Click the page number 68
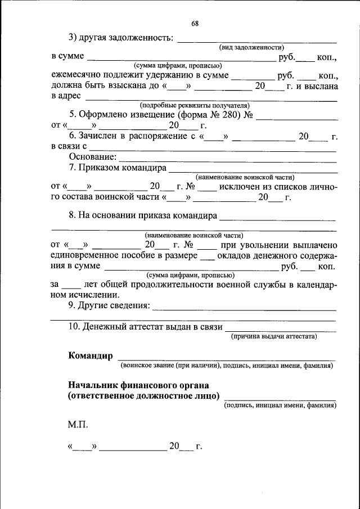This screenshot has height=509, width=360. pyautogui.click(x=195, y=24)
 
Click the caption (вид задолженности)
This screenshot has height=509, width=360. pyautogui.click(x=251, y=48)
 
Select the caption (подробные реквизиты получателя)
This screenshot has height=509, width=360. pyautogui.click(x=195, y=105)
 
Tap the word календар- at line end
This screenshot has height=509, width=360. pyautogui.click(x=317, y=285)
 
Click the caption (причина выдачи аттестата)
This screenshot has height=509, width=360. pyautogui.click(x=274, y=336)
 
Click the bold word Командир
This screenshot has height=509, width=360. pyautogui.click(x=91, y=355)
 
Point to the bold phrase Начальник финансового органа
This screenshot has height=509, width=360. pyautogui.click(x=138, y=385)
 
